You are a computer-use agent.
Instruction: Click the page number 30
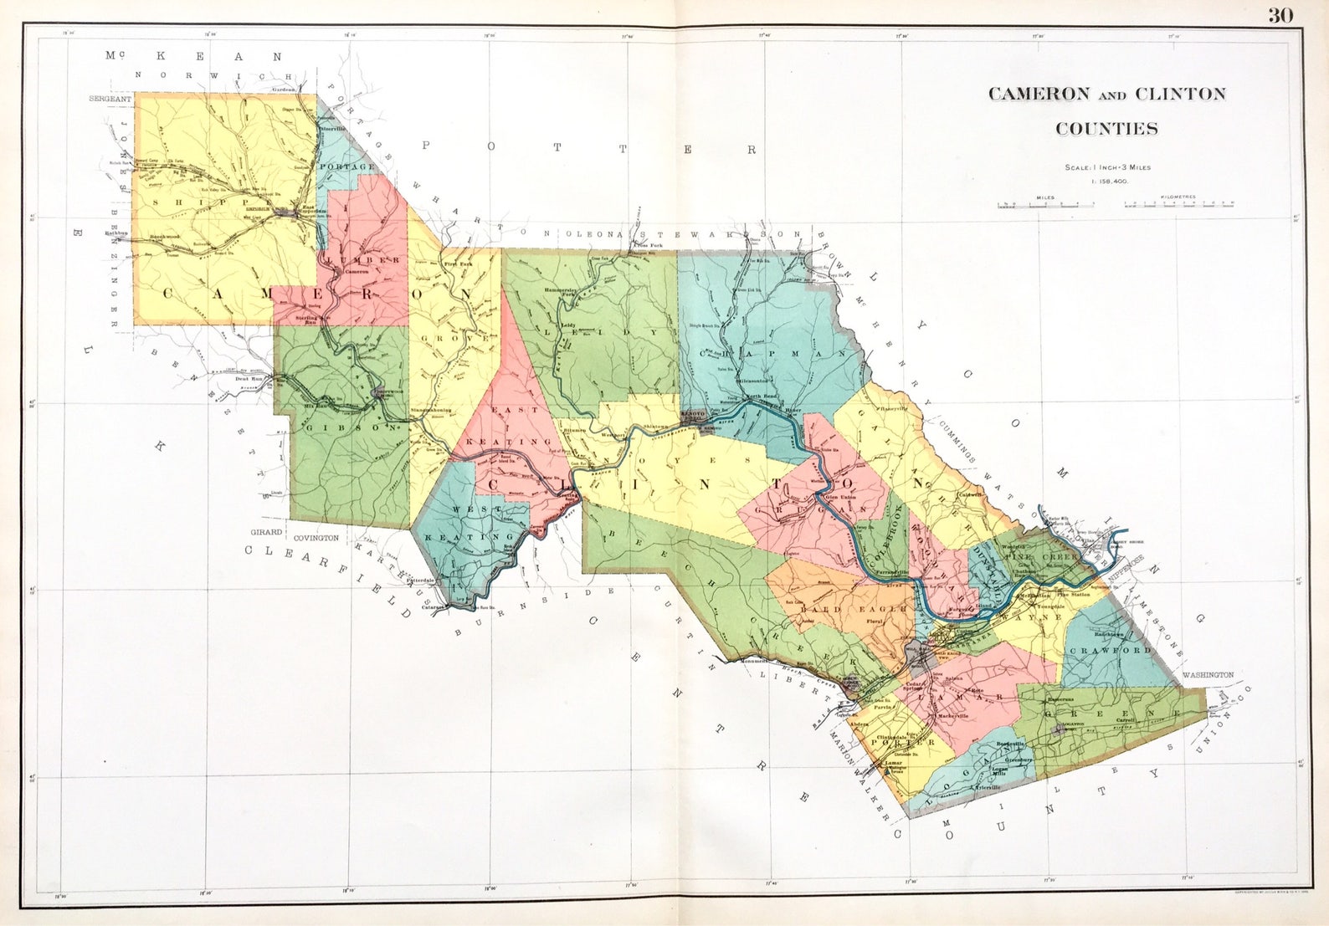(1280, 16)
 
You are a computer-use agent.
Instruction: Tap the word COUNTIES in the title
(1106, 129)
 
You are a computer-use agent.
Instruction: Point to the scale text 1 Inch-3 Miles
(1107, 167)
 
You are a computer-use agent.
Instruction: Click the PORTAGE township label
(347, 166)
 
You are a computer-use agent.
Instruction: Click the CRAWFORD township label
(1111, 650)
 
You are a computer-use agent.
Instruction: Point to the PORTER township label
(902, 742)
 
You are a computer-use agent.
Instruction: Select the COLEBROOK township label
(889, 536)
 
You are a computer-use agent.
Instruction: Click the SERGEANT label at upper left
(110, 99)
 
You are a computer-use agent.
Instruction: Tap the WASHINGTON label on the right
(1208, 674)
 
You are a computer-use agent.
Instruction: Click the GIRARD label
(267, 532)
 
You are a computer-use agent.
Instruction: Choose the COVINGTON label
(316, 538)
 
